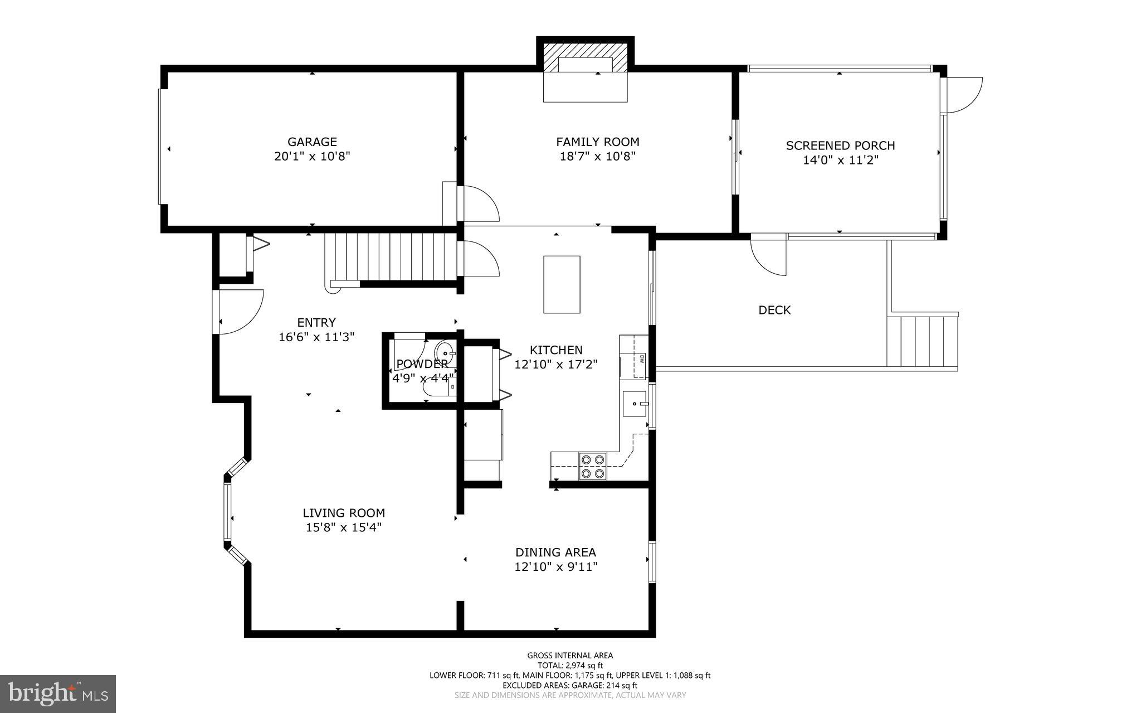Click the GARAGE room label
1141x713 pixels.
312,142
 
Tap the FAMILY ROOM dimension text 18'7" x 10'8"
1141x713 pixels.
597,157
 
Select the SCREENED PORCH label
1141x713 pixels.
840,145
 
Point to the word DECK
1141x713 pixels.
774,310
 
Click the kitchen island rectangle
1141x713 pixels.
562,284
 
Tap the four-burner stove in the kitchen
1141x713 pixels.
592,467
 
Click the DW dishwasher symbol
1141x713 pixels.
641,360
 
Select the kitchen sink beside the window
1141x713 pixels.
635,403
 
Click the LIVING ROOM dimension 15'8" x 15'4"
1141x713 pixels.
343,527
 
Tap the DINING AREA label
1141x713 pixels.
555,552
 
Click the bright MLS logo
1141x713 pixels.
58,693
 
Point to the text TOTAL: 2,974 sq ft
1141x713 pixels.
570,665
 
